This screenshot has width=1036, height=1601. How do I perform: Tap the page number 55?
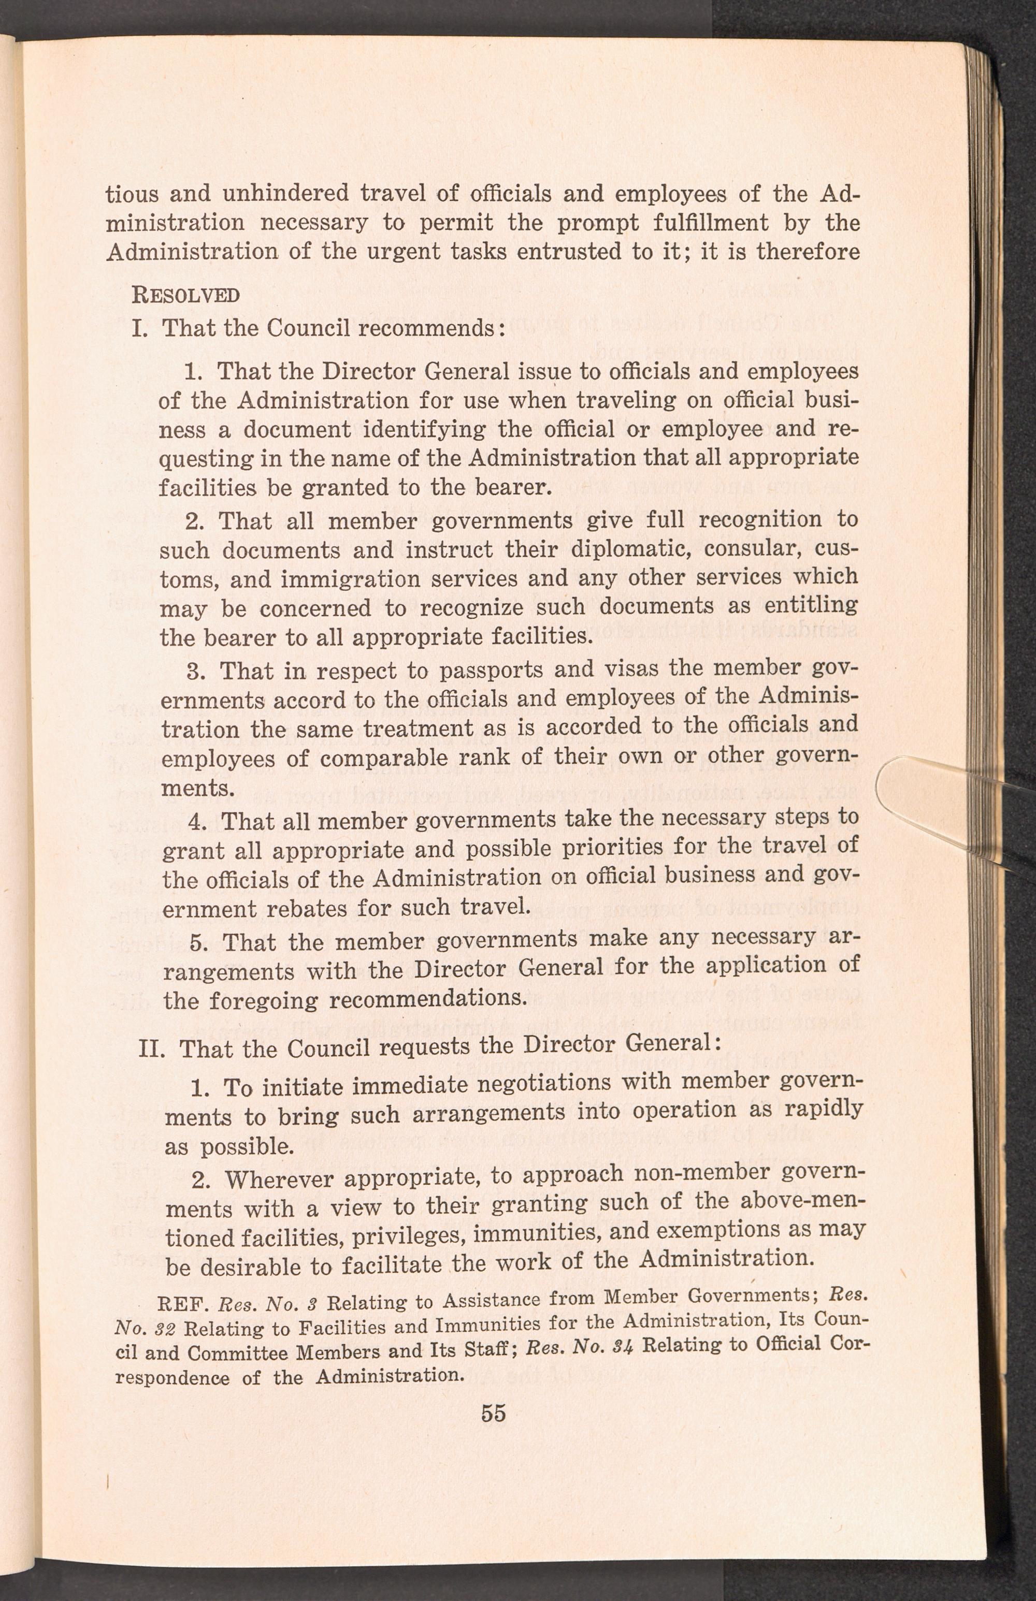click(x=493, y=1413)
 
